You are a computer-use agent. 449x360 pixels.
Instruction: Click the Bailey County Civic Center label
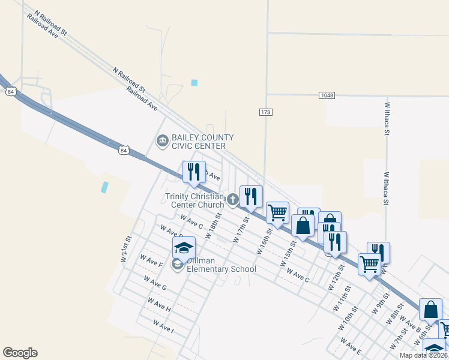(x=202, y=142)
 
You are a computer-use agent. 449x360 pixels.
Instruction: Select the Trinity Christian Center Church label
(x=194, y=200)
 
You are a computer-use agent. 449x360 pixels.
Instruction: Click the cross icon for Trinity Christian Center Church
(x=233, y=198)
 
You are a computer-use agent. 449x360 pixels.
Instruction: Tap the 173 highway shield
(x=266, y=112)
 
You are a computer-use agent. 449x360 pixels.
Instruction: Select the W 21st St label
(x=126, y=248)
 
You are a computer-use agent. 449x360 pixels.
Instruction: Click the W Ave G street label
(x=155, y=283)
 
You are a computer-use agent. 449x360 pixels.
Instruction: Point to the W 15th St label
(x=288, y=254)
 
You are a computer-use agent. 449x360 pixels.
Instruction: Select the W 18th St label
(x=213, y=225)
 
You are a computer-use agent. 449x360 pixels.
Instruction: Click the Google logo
(x=20, y=353)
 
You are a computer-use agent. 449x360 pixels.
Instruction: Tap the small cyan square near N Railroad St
(x=194, y=83)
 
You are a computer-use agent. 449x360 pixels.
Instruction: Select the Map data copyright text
(x=424, y=355)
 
